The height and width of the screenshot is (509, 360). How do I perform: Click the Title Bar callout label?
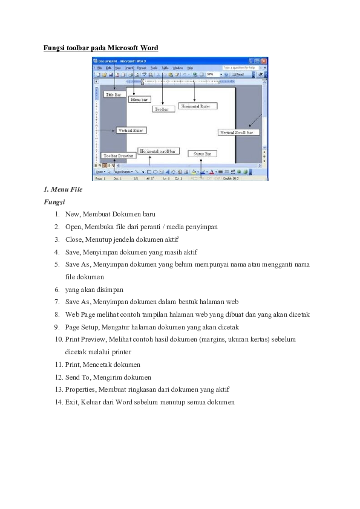coord(113,94)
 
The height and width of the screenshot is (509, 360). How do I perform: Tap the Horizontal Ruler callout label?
coord(198,106)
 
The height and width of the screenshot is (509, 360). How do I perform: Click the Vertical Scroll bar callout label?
coord(238,132)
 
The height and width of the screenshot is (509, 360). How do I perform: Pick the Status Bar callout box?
coord(202,154)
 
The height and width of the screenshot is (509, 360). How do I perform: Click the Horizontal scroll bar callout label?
coord(158,151)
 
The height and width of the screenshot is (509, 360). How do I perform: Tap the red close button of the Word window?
coord(264,61)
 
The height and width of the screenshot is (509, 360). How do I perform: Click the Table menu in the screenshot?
coord(165,68)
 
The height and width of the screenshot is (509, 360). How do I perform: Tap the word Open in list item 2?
coord(73,227)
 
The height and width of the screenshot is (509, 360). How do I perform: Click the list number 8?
coord(56,314)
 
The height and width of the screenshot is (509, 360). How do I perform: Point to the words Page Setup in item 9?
coord(80,326)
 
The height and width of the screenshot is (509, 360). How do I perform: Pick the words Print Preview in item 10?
coord(85,339)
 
